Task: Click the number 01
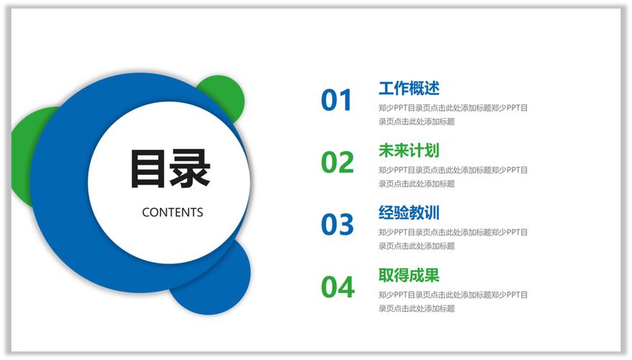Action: [337, 101]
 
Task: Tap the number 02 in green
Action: [337, 163]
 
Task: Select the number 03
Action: [337, 225]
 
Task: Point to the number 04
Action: [338, 287]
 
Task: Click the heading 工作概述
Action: [408, 89]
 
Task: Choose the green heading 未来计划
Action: [408, 150]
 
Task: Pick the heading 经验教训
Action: [408, 213]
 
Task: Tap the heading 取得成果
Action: [408, 275]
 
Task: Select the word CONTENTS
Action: [173, 212]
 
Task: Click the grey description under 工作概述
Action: [453, 114]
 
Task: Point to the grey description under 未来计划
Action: [453, 176]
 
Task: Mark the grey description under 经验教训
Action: [453, 239]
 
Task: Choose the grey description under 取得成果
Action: [453, 301]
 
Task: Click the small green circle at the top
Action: [225, 91]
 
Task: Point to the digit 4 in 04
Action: [346, 287]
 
